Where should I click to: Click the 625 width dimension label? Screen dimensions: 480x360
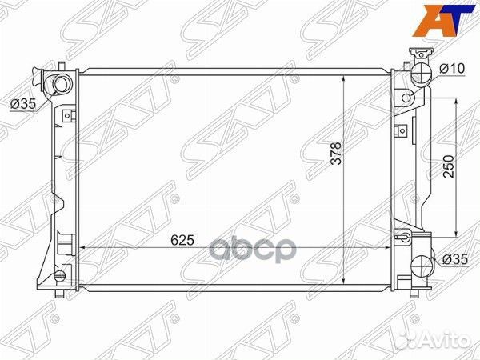click(182, 240)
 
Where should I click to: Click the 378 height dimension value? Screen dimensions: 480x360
click(336, 153)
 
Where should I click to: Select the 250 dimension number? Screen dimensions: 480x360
click(449, 166)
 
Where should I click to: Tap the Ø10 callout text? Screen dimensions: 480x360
click(452, 69)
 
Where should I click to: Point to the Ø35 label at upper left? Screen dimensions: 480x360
click(23, 104)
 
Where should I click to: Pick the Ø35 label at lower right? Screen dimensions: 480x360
click(455, 259)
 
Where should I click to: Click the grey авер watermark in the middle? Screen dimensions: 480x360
click(253, 250)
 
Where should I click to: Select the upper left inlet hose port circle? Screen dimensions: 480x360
click(62, 85)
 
